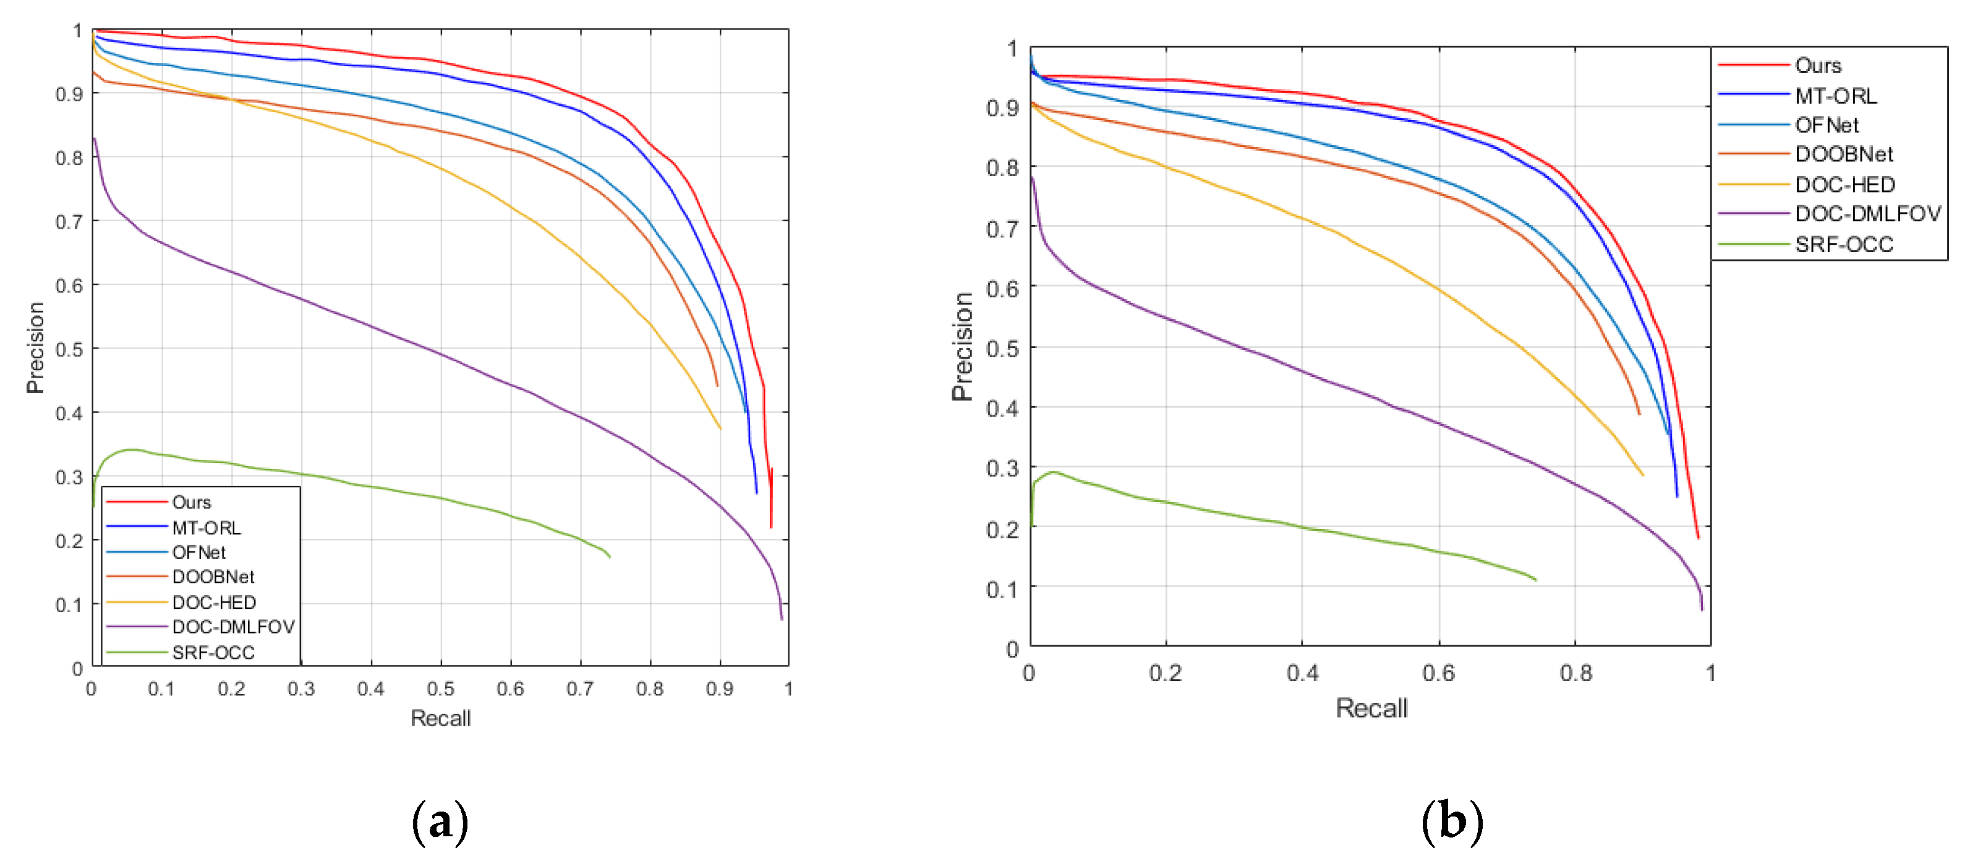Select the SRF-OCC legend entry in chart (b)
point(1843,245)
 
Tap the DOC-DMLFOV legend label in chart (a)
point(232,627)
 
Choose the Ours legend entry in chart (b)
point(1817,66)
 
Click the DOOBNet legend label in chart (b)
point(1843,155)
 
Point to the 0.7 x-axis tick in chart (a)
point(579,689)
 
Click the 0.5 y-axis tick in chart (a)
point(69,349)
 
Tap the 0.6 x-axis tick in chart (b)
point(1438,673)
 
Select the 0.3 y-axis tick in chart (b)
point(1002,468)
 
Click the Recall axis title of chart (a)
point(440,718)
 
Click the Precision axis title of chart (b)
point(962,346)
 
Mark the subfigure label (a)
point(440,823)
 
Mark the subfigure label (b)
point(1451,823)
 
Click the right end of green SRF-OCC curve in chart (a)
point(610,557)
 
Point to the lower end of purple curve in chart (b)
point(1702,609)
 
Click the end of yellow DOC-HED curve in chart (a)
point(720,428)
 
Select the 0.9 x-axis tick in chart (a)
point(720,689)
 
